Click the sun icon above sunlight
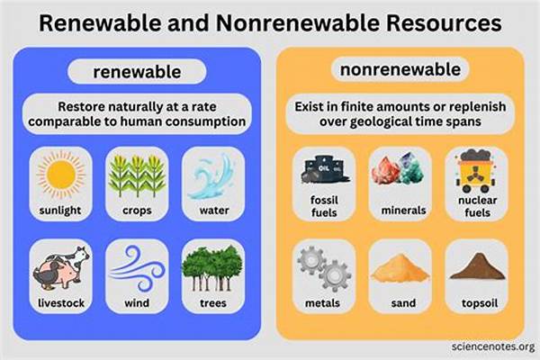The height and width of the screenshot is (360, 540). click(x=61, y=178)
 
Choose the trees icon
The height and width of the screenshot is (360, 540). click(x=211, y=266)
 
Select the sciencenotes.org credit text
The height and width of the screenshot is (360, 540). click(x=485, y=346)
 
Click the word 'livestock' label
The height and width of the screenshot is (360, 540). click(x=61, y=302)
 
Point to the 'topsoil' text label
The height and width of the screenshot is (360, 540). click(x=476, y=302)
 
